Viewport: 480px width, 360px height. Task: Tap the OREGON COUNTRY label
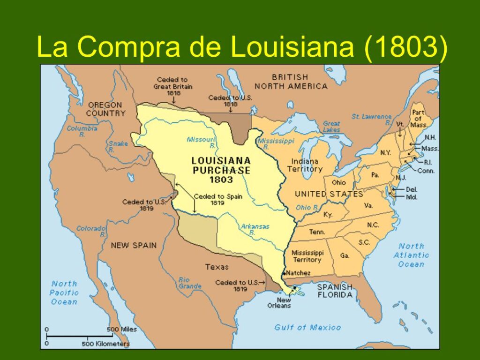105,109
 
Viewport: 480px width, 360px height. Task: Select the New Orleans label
284,303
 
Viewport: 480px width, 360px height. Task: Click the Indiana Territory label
305,165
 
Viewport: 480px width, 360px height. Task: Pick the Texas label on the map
217,267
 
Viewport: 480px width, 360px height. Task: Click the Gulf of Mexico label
307,327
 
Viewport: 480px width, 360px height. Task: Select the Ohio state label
339,182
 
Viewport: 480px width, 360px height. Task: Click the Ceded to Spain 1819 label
218,200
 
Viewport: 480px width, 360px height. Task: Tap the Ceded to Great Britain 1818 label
173,86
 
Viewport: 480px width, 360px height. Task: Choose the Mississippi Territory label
307,256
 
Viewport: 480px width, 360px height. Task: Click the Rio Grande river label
190,283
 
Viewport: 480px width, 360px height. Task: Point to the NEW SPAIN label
134,245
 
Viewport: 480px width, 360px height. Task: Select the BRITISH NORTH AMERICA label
291,81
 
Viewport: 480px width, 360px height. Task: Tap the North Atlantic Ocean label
411,255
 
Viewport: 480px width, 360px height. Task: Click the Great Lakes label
331,127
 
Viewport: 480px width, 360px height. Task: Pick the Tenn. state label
317,232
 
